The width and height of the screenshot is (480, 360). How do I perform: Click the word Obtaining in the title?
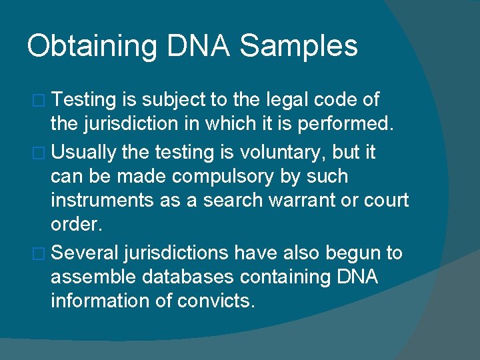tap(92, 47)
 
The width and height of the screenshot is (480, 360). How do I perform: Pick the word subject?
tap(173, 101)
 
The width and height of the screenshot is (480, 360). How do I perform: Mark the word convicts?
tap(216, 301)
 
